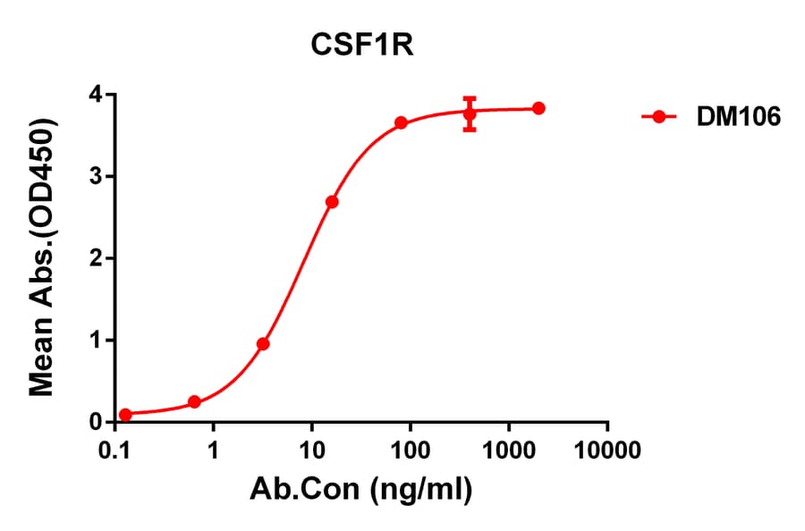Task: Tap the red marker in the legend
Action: coord(659,116)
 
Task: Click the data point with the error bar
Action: coord(470,114)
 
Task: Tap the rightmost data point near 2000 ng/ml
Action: coord(538,108)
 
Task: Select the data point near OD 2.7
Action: coord(332,202)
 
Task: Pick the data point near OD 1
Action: coord(263,343)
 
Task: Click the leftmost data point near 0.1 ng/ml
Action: coord(125,415)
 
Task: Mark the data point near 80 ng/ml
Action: coord(401,122)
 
